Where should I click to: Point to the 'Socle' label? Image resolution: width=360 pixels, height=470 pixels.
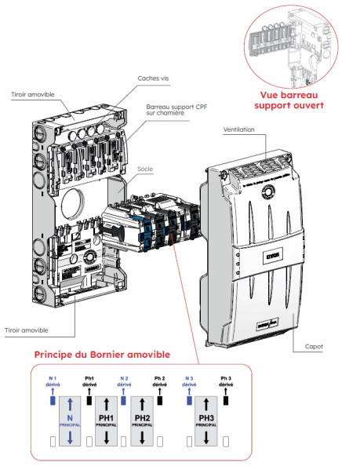click(144, 169)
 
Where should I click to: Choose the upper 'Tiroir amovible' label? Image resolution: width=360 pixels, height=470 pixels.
click(35, 95)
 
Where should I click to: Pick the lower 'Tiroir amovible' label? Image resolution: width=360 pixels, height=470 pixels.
click(28, 330)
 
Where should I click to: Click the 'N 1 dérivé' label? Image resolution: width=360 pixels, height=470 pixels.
click(53, 381)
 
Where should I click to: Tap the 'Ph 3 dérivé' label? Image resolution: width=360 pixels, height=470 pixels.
click(226, 381)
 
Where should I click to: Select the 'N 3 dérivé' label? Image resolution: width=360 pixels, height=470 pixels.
click(189, 381)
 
